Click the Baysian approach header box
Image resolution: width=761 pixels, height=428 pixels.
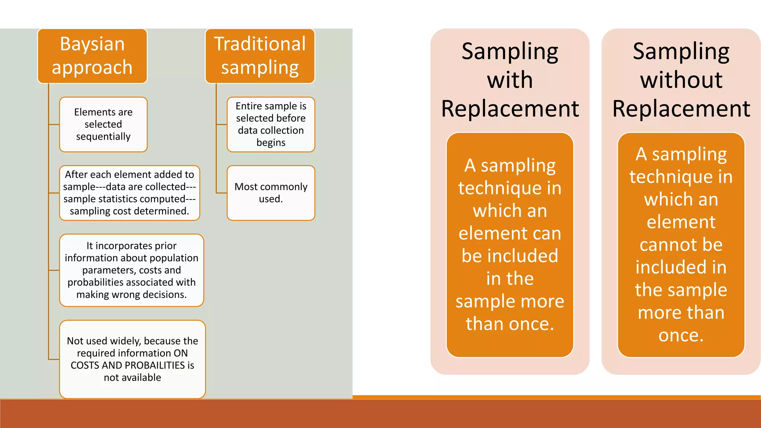92,56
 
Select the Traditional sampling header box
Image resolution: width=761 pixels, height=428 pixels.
260,56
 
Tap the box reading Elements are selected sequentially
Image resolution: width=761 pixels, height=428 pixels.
103,124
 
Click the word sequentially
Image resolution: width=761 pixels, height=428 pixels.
103,137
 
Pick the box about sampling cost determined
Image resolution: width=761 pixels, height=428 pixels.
129,193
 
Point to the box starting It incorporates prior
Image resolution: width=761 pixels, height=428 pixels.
132,270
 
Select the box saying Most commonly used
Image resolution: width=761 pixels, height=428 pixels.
271,193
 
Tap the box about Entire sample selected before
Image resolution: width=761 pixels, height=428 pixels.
271,124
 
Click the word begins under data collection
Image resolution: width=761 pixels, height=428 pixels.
271,143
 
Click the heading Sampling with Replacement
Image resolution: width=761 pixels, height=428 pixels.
510,80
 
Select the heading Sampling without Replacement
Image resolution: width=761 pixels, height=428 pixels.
681,80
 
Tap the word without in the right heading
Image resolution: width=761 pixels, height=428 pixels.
681,80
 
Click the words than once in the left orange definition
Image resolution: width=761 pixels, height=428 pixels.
510,324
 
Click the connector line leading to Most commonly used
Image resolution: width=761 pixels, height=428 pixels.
221,193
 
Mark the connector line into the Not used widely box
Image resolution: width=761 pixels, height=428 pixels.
54,359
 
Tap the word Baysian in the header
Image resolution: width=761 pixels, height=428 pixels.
92,44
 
